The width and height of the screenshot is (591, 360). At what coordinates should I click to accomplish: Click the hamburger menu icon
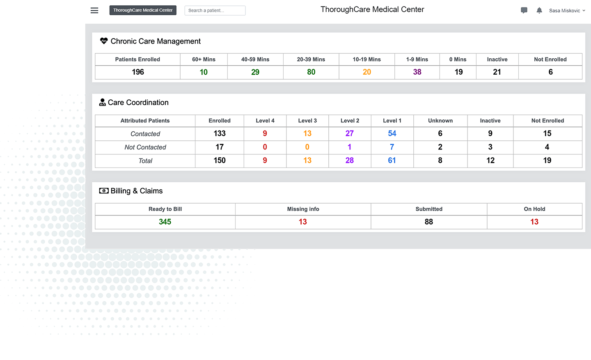pos(94,10)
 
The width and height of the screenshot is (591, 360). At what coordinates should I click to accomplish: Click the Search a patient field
pos(215,10)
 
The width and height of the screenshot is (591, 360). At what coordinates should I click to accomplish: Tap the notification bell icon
pos(539,10)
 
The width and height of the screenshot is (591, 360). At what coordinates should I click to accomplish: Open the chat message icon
pos(524,10)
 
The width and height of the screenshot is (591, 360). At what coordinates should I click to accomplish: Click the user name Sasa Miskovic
pos(565,11)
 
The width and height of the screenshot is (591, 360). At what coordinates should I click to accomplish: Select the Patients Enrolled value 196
pos(138,72)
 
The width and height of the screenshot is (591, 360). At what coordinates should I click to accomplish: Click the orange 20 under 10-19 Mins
pos(367,72)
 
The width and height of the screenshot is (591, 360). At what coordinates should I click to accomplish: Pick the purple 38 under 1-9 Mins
pos(417,72)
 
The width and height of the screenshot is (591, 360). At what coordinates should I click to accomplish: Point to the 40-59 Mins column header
pos(255,60)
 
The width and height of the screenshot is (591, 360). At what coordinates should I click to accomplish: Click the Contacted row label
pos(145,134)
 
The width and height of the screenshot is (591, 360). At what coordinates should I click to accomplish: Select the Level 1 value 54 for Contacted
pos(392,133)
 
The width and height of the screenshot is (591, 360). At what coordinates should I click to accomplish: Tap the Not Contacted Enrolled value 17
pos(220,147)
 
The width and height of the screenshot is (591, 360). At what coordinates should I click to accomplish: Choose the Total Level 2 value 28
pos(349,161)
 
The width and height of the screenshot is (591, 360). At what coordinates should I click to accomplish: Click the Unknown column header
pos(440,121)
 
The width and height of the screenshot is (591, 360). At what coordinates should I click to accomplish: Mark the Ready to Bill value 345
pos(165,222)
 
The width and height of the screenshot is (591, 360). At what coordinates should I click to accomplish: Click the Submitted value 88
pos(429,222)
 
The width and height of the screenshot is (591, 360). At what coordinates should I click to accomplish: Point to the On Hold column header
pos(534,209)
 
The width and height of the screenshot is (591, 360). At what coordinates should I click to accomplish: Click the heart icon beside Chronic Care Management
pos(104,41)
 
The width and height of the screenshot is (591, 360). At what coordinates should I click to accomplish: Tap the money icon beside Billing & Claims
pos(104,191)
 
